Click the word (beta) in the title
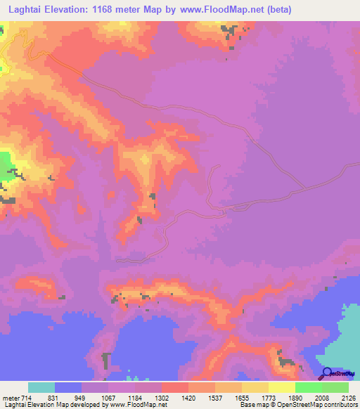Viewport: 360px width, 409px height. [x=276, y=9]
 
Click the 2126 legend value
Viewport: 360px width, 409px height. [x=347, y=398]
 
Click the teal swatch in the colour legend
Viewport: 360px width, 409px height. [x=41, y=387]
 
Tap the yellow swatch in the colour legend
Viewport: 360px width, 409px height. [x=282, y=387]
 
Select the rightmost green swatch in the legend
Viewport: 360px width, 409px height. [x=335, y=387]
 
